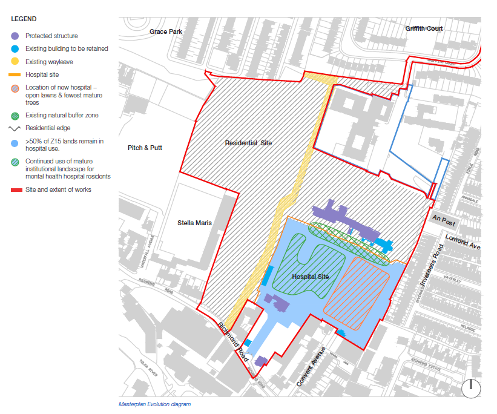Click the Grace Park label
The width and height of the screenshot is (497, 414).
165,31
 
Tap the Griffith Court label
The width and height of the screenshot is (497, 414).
424,28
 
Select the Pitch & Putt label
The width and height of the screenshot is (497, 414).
145,148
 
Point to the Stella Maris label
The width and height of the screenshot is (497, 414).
194,223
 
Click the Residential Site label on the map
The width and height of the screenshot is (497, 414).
248,143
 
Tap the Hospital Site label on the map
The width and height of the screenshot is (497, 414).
311,277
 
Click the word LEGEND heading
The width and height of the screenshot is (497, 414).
24,19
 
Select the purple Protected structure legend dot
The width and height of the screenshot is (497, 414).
15,36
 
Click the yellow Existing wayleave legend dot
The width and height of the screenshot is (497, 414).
15,62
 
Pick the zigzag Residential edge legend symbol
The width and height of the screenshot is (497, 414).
15,128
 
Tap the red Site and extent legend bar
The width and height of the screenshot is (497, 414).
15,190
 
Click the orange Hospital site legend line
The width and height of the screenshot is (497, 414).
15,74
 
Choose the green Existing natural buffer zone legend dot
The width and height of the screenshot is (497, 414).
15,115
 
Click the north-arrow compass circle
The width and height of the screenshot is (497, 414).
470,388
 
